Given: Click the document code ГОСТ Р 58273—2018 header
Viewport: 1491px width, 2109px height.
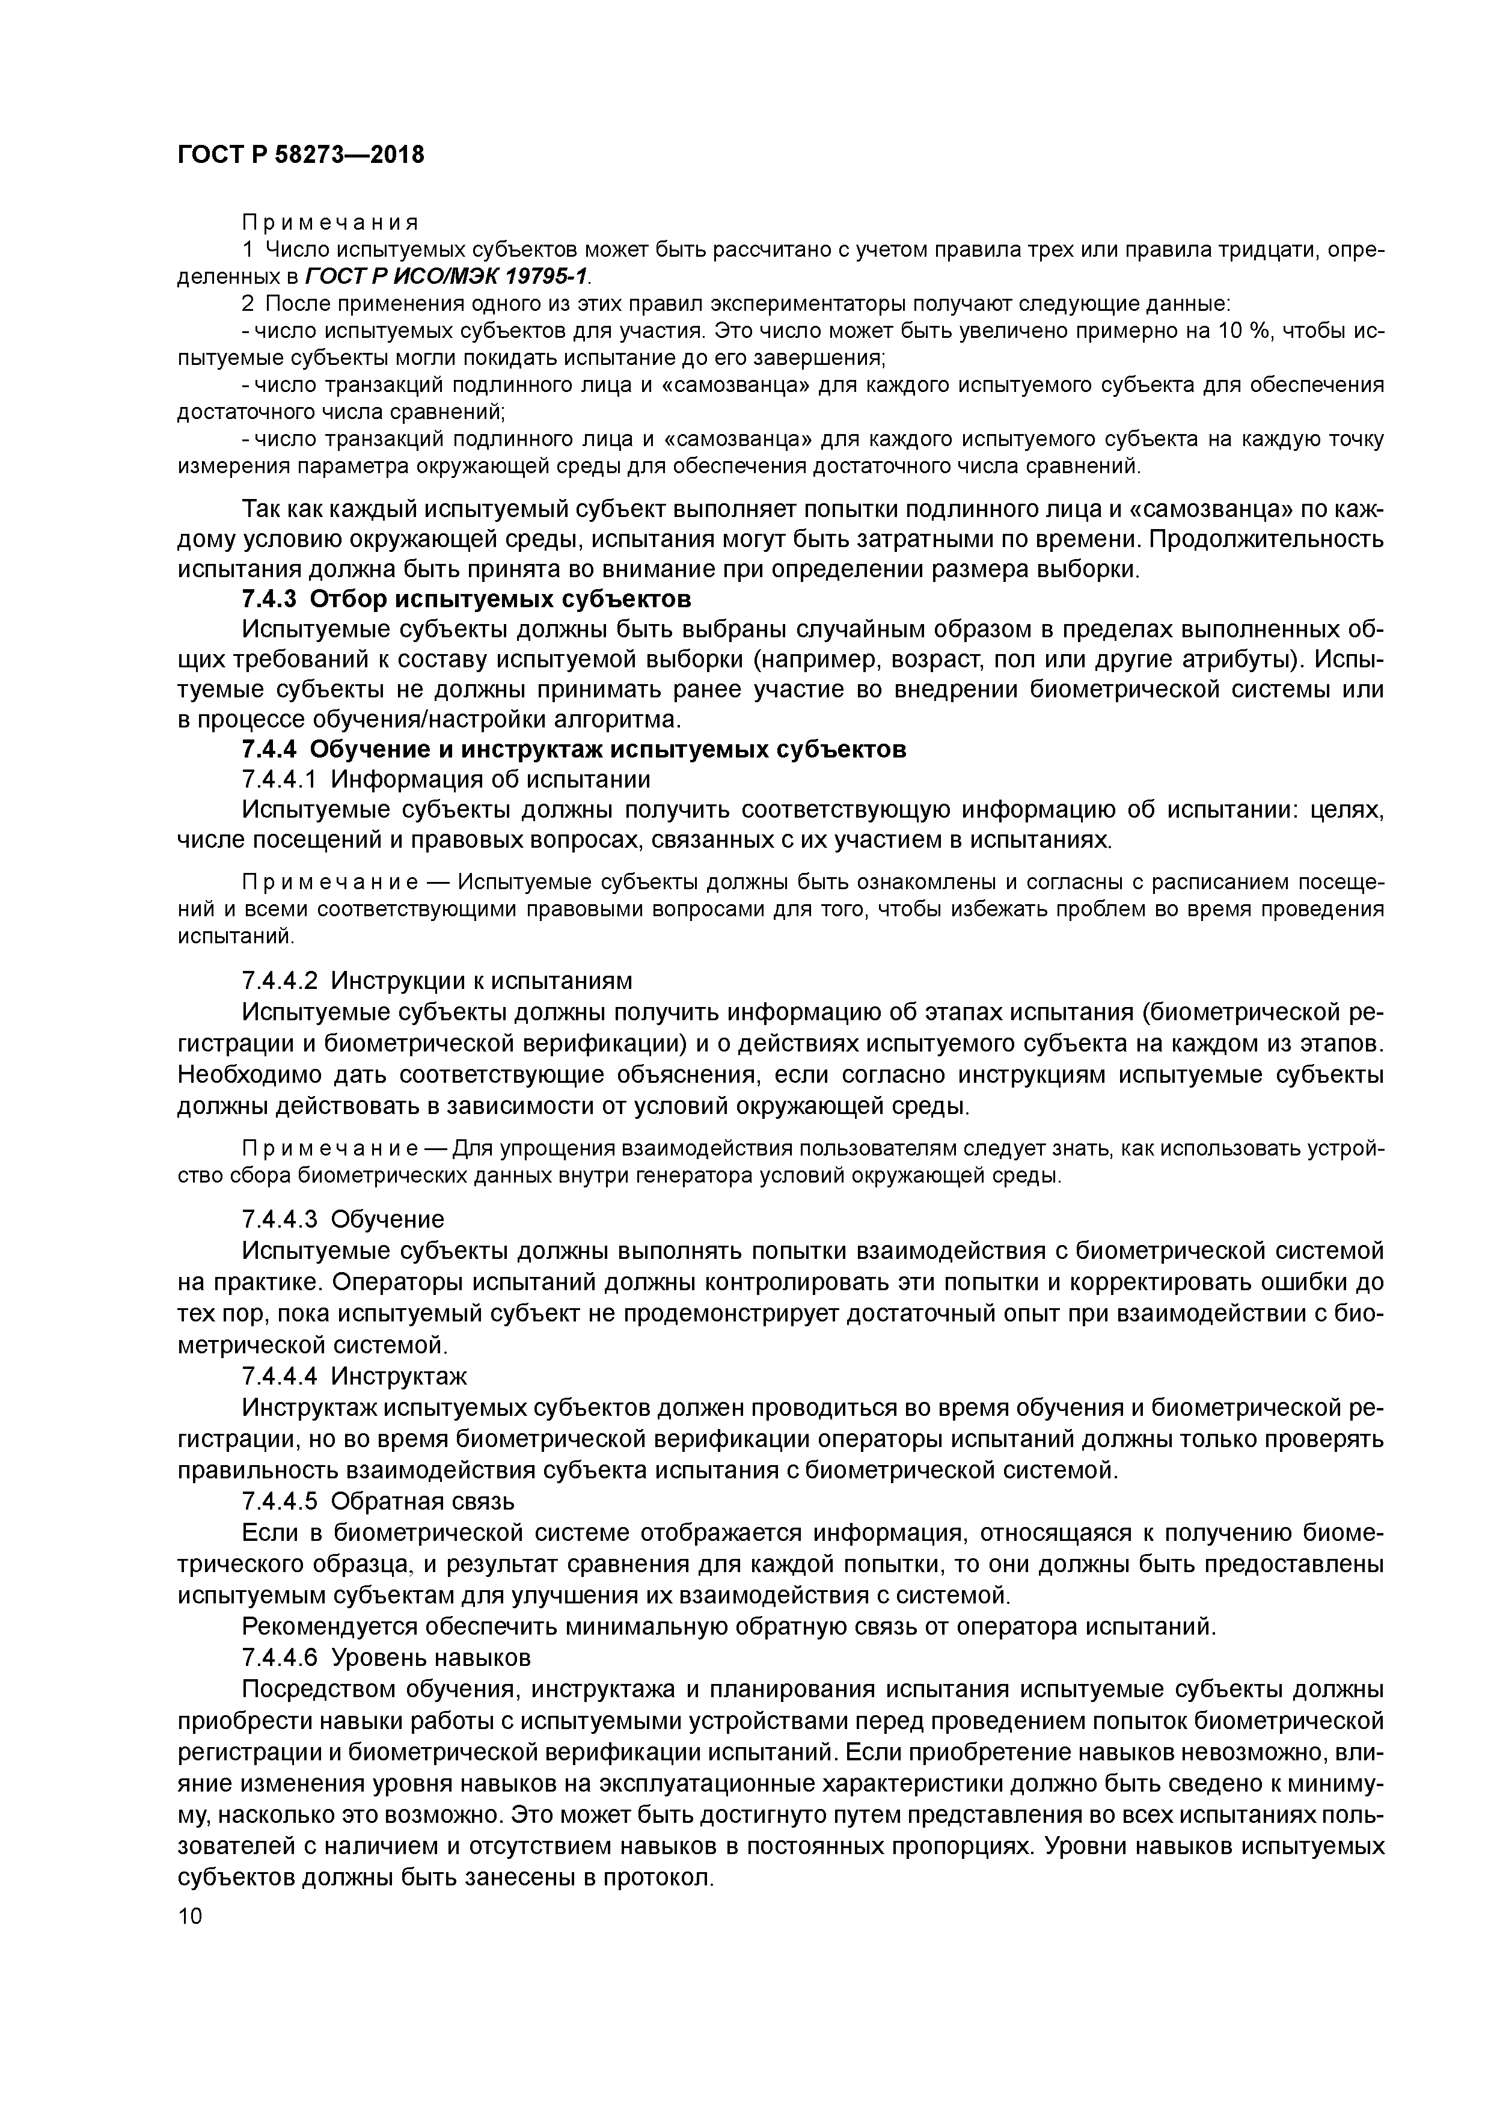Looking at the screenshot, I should click(x=301, y=155).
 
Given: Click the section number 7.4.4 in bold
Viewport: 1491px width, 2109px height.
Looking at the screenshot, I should click(x=269, y=750).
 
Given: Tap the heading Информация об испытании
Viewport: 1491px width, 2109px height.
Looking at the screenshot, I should click(x=489, y=780).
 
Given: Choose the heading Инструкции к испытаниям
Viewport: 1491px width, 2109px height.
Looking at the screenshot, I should click(x=480, y=981).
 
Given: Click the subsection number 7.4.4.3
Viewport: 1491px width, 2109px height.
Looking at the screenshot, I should click(x=280, y=1219).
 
